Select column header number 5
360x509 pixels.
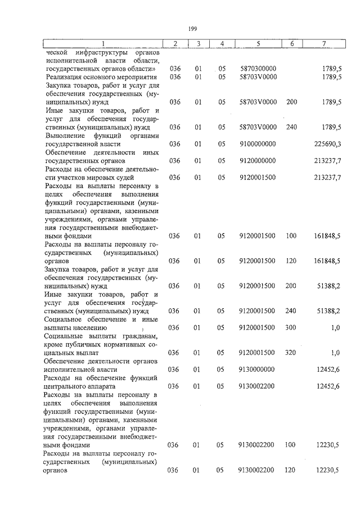coord(257,44)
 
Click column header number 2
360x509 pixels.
coord(175,44)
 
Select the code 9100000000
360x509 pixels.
coord(257,144)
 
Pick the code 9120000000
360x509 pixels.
coord(257,161)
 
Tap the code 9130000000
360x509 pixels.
coord(257,369)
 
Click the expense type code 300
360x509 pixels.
coord(291,327)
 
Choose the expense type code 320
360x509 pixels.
coord(291,353)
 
